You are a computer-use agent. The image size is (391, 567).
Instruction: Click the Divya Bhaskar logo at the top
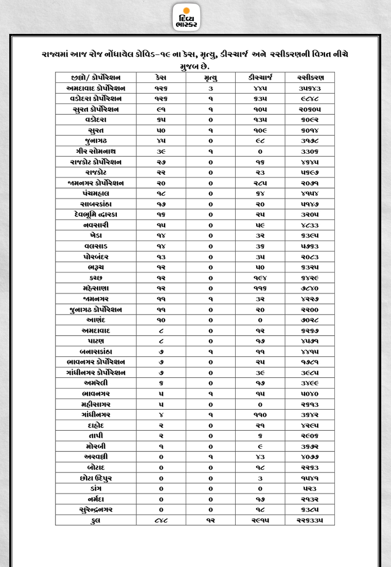click(186, 17)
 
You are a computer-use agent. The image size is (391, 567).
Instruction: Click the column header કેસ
click(161, 78)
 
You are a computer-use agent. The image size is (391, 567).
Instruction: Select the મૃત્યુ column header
click(210, 78)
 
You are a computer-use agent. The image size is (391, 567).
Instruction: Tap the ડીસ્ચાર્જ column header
click(260, 78)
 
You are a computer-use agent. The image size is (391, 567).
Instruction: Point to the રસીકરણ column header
click(310, 78)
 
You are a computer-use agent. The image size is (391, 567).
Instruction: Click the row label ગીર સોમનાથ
click(96, 152)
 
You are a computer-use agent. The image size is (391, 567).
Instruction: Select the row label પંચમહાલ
click(96, 194)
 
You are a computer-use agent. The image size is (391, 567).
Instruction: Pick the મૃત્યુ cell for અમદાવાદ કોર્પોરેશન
click(210, 88)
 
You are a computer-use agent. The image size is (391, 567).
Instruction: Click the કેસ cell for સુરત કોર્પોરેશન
click(161, 109)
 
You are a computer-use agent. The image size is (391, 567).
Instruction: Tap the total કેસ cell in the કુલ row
click(161, 520)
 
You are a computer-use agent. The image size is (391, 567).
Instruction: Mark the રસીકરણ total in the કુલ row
click(310, 520)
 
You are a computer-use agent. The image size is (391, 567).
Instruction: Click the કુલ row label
click(96, 520)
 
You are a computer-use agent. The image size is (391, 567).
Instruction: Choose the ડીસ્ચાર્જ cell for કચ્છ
click(260, 278)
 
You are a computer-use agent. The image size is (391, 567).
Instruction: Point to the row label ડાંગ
click(96, 488)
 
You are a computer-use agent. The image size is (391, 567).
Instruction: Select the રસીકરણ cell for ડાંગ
click(310, 488)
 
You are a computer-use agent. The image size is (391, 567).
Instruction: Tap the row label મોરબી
click(96, 446)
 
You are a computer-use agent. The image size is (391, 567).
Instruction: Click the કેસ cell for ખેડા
click(161, 235)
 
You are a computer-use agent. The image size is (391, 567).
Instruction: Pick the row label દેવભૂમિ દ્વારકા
click(96, 214)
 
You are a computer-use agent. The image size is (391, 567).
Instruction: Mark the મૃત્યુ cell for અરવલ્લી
click(210, 456)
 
